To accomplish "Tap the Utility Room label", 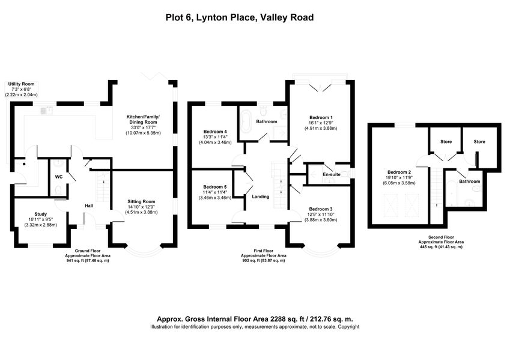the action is pyautogui.click(x=20, y=85).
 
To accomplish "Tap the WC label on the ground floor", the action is pyautogui.click(x=59, y=177).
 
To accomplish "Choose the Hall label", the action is pyautogui.click(x=89, y=206).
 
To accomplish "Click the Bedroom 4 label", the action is pyautogui.click(x=215, y=132).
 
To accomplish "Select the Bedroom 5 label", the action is pyautogui.click(x=215, y=187).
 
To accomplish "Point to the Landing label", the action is pyautogui.click(x=261, y=197).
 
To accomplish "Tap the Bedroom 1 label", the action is pyautogui.click(x=321, y=117).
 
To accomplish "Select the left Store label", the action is pyautogui.click(x=446, y=142).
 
